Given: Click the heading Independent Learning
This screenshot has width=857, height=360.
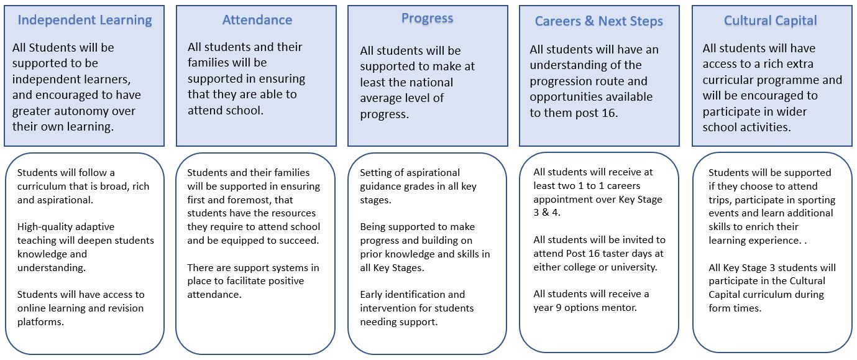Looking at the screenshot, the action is point(85,21).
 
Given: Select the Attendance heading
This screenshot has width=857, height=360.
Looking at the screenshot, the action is point(257,20).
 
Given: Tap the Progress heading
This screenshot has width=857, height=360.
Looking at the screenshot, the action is point(427,19).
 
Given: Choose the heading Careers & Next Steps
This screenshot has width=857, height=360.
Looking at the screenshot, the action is point(598,21).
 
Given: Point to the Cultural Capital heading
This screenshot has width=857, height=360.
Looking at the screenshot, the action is point(770,21).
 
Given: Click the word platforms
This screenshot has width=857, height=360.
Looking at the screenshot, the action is point(40,322).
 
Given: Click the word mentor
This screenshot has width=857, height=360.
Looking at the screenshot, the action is point(620,308).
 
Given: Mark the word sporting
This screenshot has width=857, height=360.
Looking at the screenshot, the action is point(816,200).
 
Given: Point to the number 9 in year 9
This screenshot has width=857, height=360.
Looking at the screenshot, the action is point(559,308).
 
